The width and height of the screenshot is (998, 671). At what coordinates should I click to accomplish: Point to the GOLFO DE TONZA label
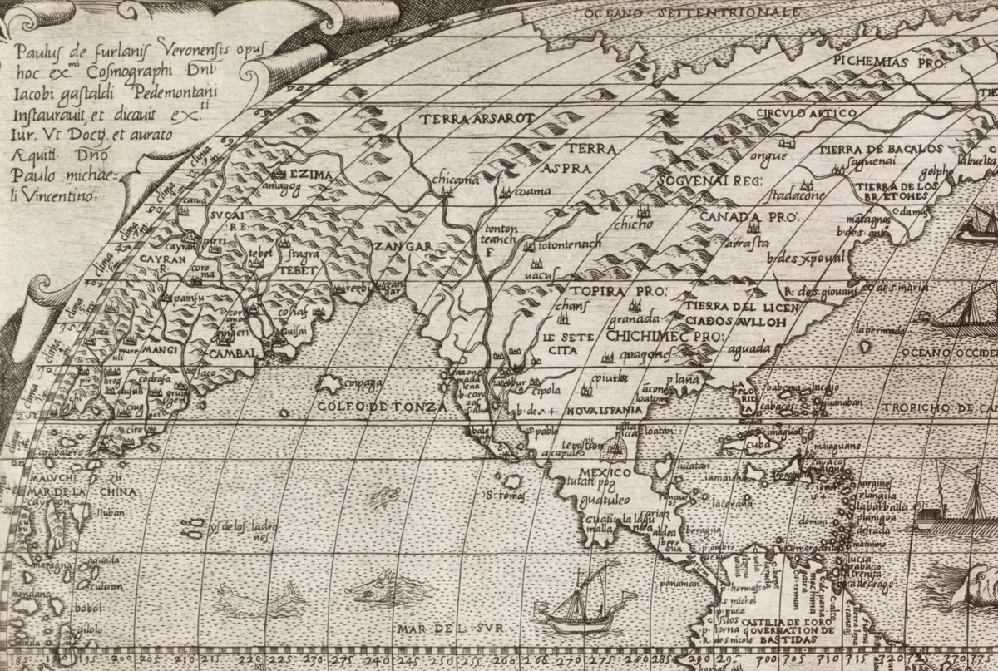pos(382,407)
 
